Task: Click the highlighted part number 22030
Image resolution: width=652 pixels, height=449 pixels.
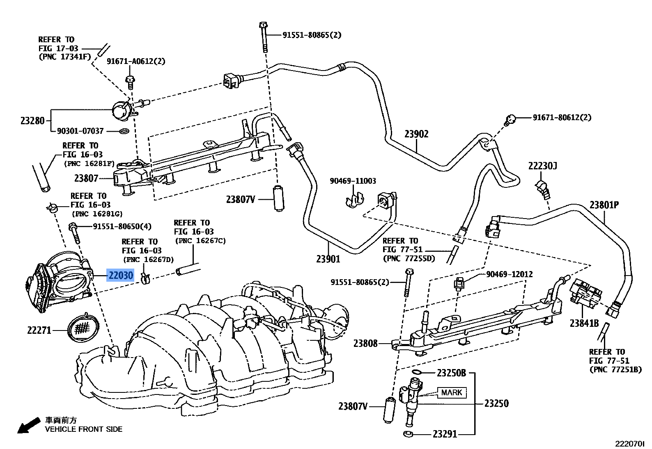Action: (120, 275)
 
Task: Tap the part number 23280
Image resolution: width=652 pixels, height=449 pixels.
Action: (32, 121)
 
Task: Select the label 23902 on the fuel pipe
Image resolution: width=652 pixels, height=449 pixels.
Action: (416, 134)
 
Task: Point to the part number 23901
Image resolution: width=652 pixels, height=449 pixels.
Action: (328, 259)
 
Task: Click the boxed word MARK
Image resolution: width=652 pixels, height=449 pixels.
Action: (452, 393)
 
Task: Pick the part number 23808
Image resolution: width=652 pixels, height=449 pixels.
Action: (365, 343)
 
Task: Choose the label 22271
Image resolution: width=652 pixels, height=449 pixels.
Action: (39, 330)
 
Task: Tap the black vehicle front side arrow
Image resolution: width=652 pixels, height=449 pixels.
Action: (28, 425)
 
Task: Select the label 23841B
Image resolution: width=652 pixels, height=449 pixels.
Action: (584, 323)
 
